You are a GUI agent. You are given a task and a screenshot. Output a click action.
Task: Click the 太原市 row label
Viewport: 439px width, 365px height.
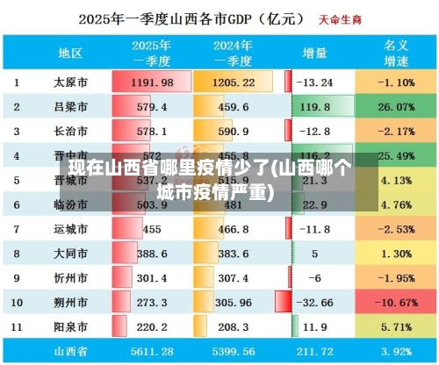(70, 82)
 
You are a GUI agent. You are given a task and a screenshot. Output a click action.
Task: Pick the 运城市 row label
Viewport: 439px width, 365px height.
(70, 229)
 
